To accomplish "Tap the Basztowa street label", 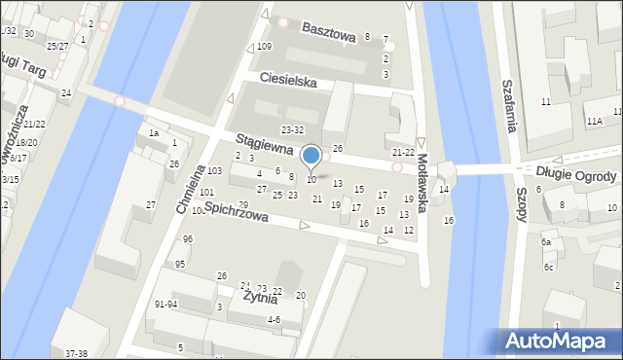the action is [x=328, y=30].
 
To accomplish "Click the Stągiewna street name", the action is [x=265, y=143].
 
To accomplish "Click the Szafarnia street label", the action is [x=506, y=107].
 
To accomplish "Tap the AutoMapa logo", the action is [x=562, y=341].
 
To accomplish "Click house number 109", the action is [x=264, y=47].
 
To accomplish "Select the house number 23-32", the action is [x=292, y=129].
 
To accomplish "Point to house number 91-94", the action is [x=165, y=304].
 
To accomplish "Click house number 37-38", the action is [x=75, y=353].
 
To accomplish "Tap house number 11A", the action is [x=594, y=120].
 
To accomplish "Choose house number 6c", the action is [x=549, y=267].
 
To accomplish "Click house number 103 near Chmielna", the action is [x=214, y=171].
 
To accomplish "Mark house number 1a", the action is [x=153, y=132].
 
